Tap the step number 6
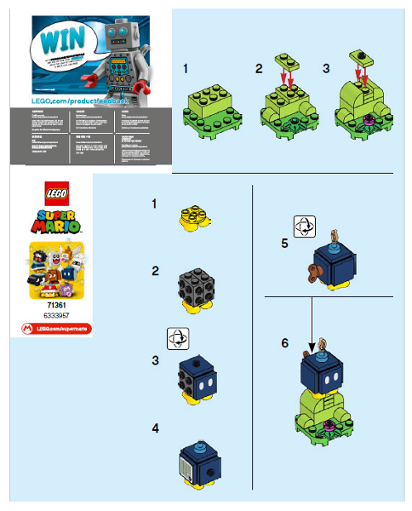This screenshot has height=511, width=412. pyautogui.click(x=286, y=345)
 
